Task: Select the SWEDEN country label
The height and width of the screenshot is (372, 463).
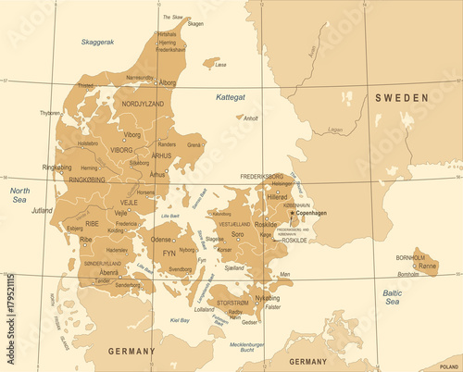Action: [401, 97]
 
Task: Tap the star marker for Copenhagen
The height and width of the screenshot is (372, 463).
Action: [292, 212]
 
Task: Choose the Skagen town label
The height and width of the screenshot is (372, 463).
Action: [195, 24]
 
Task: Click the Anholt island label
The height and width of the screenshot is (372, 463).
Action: [250, 118]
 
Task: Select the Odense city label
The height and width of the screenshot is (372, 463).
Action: [161, 240]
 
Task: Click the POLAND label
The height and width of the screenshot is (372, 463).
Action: [449, 366]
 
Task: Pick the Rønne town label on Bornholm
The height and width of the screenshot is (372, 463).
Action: [428, 266]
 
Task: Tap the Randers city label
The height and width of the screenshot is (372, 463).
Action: [167, 144]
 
